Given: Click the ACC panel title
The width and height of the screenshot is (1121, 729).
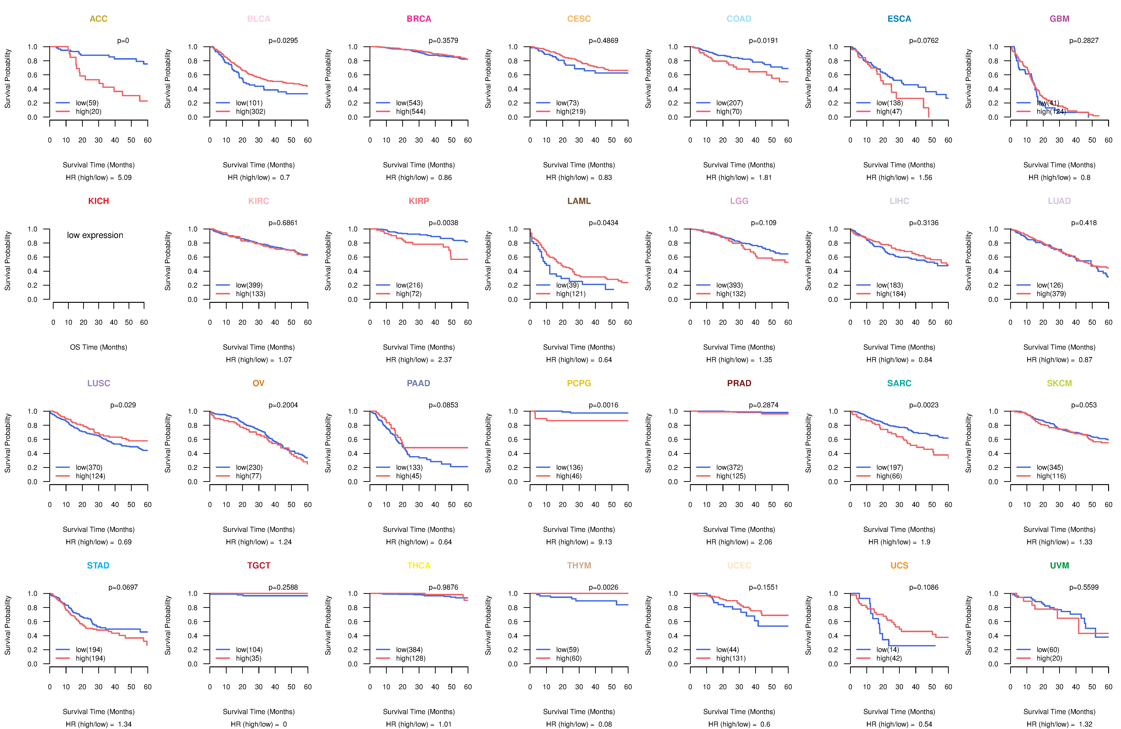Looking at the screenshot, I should click(x=98, y=19).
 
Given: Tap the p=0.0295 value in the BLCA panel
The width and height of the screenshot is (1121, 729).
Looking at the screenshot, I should click(x=283, y=41).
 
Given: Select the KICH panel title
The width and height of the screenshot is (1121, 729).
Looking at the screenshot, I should click(x=98, y=201).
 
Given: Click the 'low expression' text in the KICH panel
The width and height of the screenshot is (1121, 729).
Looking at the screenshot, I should click(x=95, y=235).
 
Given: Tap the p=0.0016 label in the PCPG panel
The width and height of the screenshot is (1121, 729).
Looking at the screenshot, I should click(x=603, y=405).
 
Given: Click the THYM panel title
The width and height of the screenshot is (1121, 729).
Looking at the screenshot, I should click(x=579, y=565).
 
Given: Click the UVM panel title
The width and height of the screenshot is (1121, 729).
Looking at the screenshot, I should click(x=1059, y=565).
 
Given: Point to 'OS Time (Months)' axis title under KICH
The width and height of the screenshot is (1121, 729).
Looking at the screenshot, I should click(x=98, y=347).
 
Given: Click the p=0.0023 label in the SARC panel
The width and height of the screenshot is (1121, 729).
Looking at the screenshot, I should click(x=924, y=405).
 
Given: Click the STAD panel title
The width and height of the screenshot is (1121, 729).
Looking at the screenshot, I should click(x=98, y=565).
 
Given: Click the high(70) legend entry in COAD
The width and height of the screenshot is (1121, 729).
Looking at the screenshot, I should click(x=729, y=112).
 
